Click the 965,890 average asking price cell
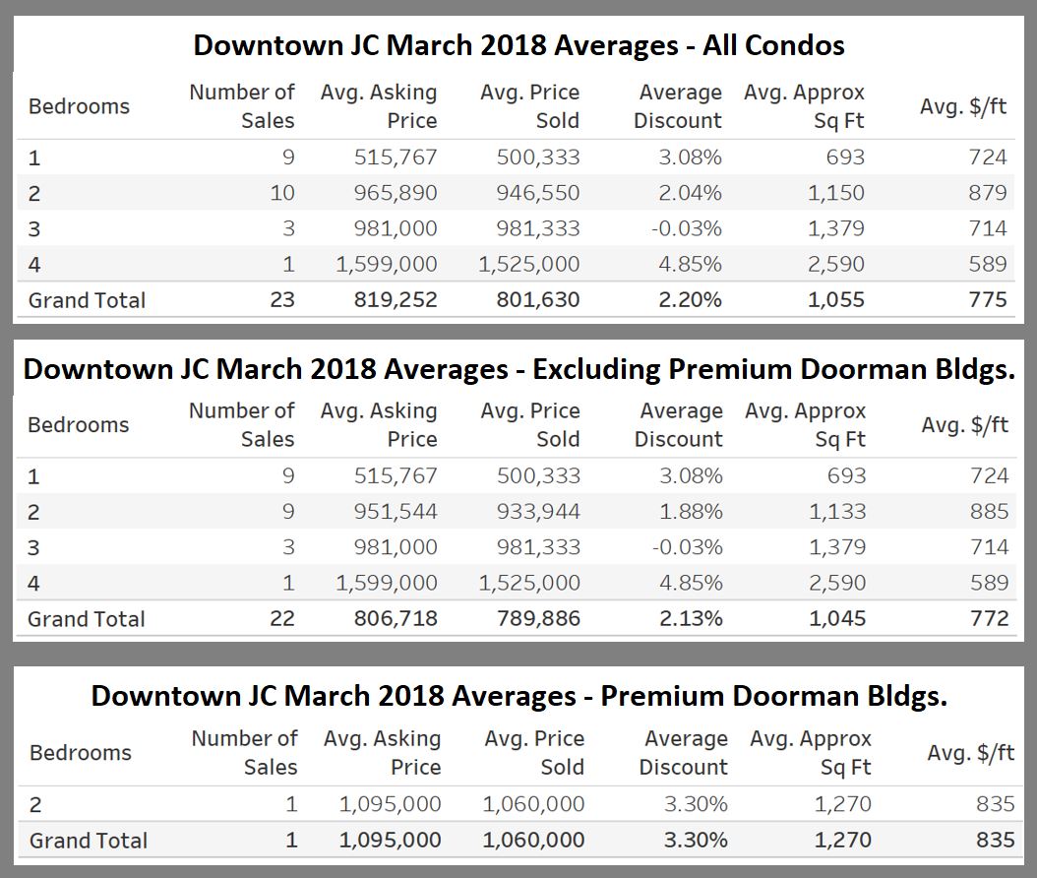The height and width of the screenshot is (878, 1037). click(396, 193)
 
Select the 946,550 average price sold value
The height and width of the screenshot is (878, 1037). click(538, 193)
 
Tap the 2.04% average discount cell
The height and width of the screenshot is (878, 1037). click(690, 193)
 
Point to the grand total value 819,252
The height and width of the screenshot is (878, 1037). click(396, 300)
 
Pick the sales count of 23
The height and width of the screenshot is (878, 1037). click(282, 300)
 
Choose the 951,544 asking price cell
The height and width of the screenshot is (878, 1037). click(396, 512)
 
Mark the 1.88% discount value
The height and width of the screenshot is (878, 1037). click(691, 512)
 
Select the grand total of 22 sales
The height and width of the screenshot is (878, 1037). click(282, 619)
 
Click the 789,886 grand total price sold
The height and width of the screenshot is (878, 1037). click(538, 619)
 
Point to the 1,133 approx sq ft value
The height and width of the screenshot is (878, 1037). click(837, 512)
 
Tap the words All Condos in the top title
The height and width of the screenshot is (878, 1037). click(773, 45)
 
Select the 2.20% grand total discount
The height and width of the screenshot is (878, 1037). click(690, 300)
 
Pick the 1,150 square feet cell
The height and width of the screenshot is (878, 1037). click(836, 193)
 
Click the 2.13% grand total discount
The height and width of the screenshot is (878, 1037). click(691, 619)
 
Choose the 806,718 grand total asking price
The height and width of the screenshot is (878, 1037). click(396, 619)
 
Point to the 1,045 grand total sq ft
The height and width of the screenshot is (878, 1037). click(837, 619)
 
